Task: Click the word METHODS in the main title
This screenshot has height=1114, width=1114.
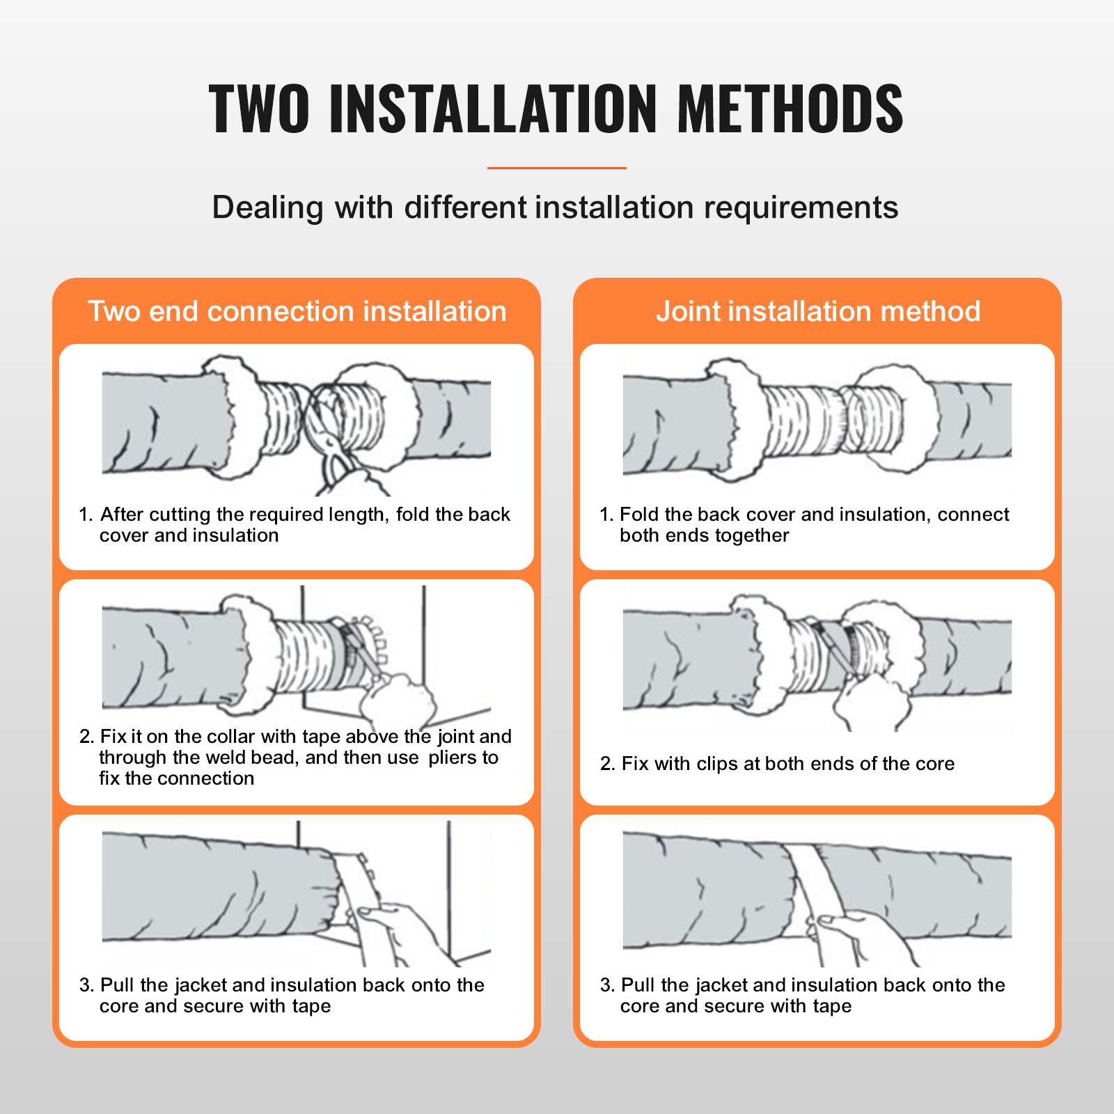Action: (790, 109)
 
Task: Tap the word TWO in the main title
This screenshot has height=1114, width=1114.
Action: (259, 109)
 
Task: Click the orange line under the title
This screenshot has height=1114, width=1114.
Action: (556, 168)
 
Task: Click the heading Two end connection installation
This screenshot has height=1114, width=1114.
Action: (297, 311)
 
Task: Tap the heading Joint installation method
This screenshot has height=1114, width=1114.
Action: (818, 311)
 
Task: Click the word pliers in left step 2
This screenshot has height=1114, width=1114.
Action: (454, 758)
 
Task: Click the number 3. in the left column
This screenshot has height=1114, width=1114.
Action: (86, 985)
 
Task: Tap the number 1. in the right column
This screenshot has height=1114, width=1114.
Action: (606, 515)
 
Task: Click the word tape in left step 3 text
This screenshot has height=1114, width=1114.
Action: (311, 1006)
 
